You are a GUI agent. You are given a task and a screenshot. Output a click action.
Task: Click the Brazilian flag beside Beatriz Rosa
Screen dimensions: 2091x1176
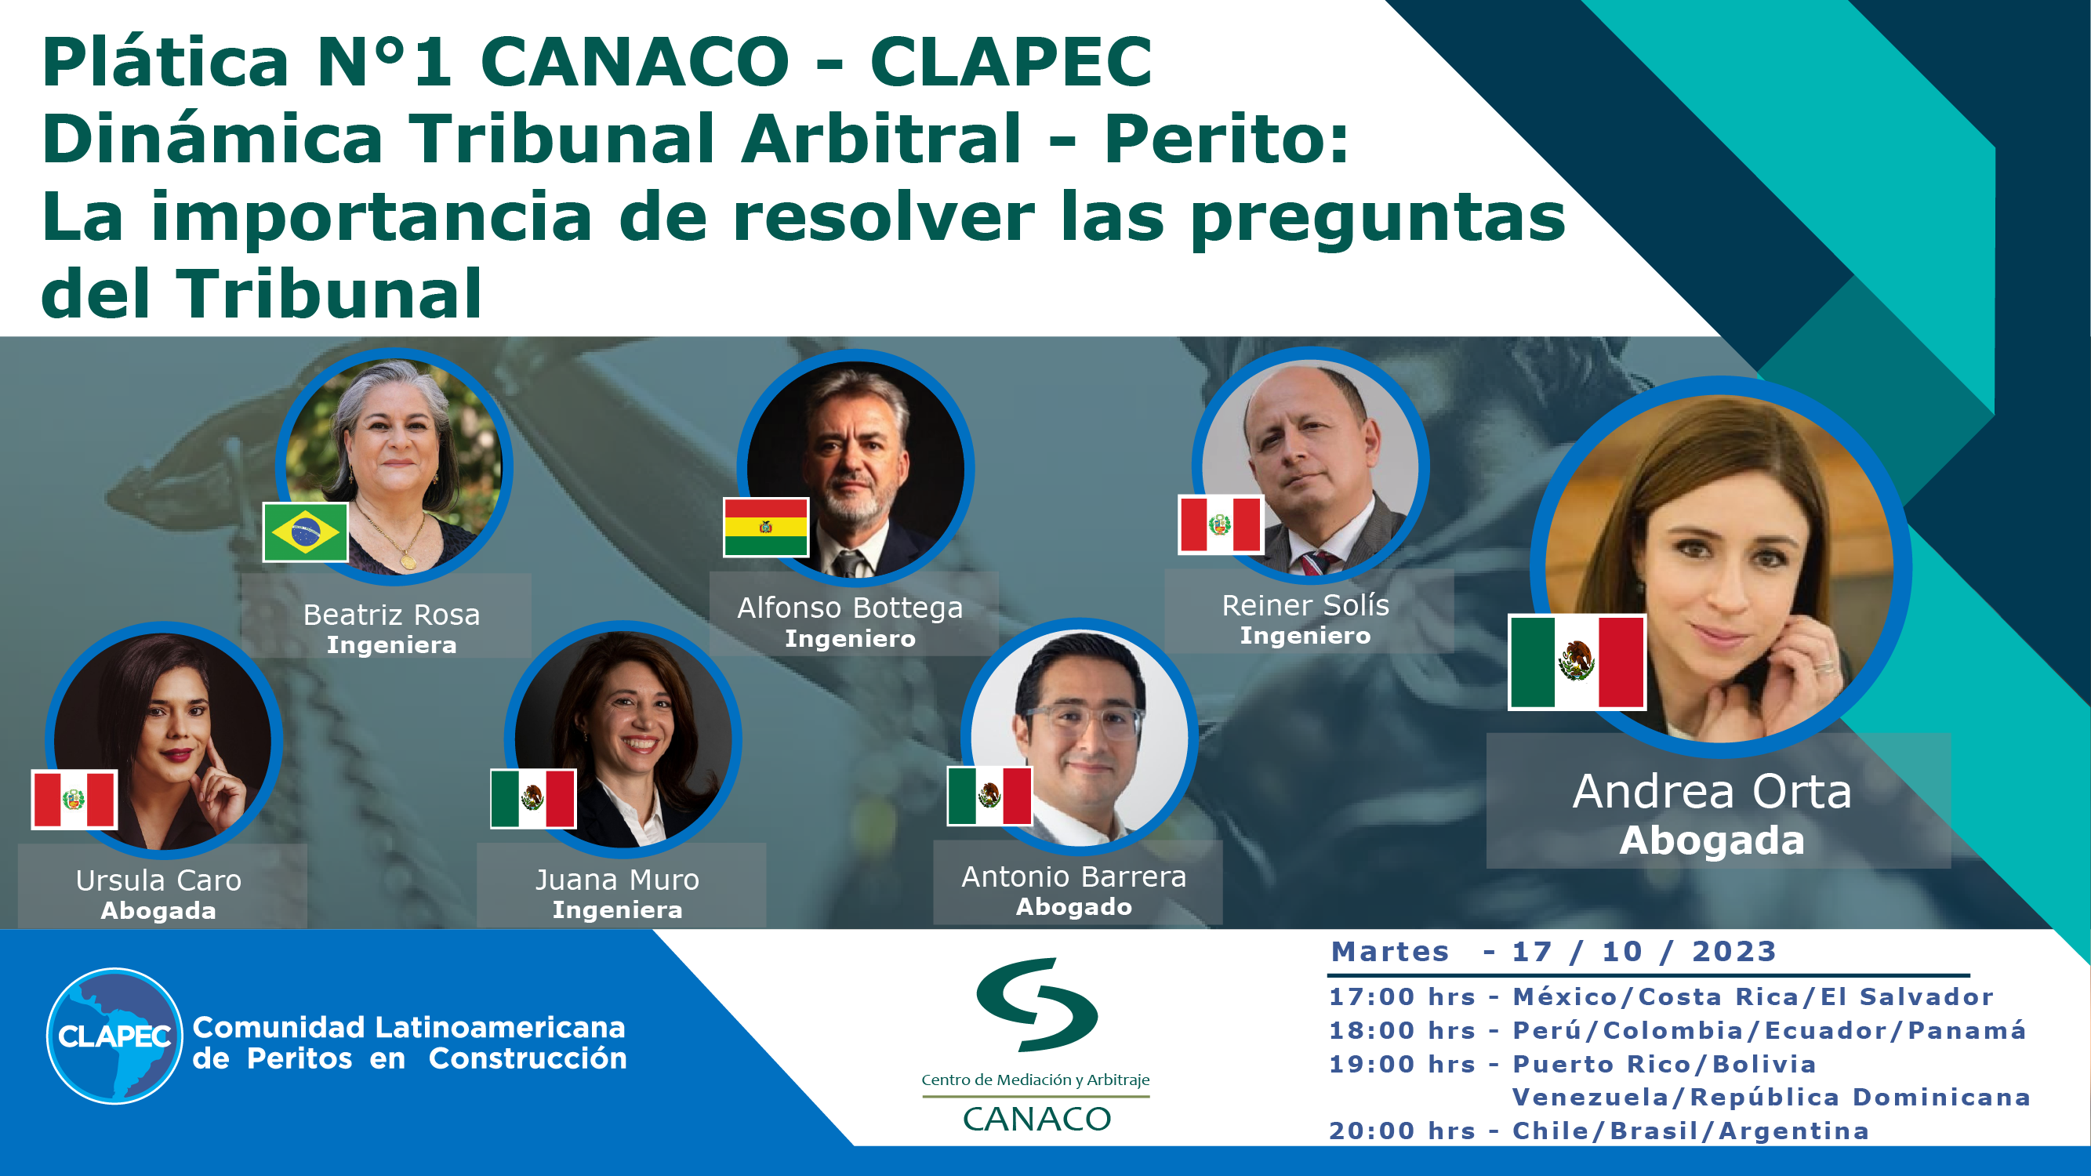[x=305, y=532]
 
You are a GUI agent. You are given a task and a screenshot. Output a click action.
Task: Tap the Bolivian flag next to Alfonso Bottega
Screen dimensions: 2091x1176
[x=765, y=527]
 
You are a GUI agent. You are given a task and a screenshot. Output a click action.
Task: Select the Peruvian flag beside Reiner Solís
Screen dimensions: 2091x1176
[x=1221, y=524]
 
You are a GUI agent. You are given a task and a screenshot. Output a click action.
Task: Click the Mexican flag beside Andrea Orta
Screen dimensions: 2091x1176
[x=1577, y=662]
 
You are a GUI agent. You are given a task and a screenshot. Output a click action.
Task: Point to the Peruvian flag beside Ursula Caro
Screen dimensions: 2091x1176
[x=74, y=799]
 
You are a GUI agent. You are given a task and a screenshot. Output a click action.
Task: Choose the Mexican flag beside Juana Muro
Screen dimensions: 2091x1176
[x=533, y=798]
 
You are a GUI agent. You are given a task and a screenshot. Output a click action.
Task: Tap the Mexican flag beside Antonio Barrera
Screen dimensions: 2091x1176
[x=989, y=795]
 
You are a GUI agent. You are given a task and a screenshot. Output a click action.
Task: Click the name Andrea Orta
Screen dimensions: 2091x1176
[x=1712, y=791]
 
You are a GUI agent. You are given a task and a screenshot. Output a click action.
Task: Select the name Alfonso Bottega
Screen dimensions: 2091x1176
[x=850, y=607]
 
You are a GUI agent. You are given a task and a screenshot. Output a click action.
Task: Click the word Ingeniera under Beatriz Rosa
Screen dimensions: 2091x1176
[x=391, y=645]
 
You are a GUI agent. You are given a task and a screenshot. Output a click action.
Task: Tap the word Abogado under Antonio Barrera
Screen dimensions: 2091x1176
[x=1074, y=906]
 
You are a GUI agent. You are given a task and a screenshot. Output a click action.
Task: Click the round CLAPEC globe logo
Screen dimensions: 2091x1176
[x=114, y=1036]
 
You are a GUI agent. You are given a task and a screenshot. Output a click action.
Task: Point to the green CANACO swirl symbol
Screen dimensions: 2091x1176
[x=1036, y=1004]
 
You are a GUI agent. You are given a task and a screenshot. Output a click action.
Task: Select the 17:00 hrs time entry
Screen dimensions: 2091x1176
[x=1402, y=996]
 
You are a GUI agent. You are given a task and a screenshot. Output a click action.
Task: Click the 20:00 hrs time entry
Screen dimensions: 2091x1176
[x=1402, y=1131]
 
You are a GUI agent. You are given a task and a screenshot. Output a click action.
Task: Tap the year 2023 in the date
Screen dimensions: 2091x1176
[x=1733, y=951]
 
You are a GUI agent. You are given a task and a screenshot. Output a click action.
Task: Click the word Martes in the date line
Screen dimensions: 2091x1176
[x=1389, y=951]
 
